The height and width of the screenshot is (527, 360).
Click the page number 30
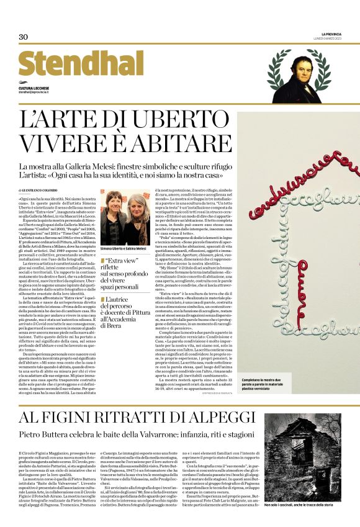click(24, 37)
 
